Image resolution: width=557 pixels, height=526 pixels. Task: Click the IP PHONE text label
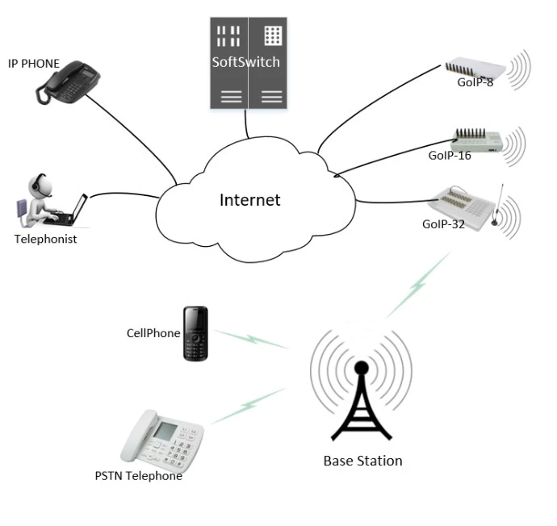(x=34, y=63)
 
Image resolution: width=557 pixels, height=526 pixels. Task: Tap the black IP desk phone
(x=71, y=81)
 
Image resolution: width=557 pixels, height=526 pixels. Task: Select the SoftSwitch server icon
(x=246, y=63)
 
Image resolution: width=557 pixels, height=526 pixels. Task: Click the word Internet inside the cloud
(x=249, y=200)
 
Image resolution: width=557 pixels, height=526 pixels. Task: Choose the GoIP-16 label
(x=450, y=155)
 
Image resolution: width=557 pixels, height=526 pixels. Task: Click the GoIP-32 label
(x=443, y=223)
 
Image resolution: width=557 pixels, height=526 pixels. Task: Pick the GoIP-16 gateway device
(x=477, y=138)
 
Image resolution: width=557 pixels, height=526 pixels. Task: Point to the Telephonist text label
(x=45, y=239)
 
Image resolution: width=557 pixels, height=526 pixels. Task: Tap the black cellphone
(x=195, y=333)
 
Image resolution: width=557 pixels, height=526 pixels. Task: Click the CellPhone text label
(x=153, y=332)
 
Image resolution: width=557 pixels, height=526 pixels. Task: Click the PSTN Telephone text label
(x=138, y=475)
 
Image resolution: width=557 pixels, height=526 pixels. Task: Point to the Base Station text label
(x=362, y=461)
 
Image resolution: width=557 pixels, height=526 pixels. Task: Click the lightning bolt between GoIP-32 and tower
(x=417, y=283)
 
